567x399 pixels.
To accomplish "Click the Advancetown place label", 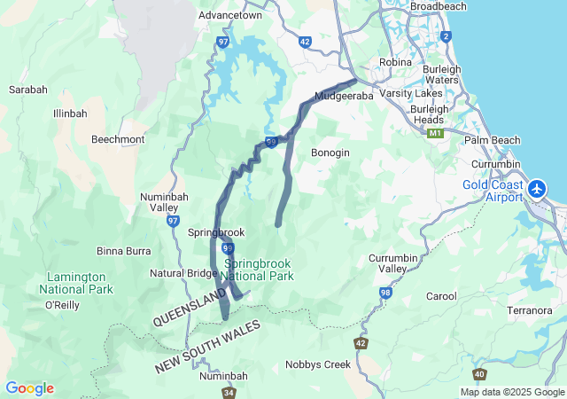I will (x=229, y=16).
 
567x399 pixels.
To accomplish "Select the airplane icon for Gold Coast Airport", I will (x=537, y=190).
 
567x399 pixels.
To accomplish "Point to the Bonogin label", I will (x=330, y=153).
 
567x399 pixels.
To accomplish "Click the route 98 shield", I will (x=385, y=292).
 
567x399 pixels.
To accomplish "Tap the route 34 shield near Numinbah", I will (x=229, y=392).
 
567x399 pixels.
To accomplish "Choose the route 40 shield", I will (x=479, y=374).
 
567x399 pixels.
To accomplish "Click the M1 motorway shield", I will (x=434, y=133).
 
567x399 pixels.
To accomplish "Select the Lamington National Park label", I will (x=76, y=283).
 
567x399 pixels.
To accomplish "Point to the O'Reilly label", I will (x=63, y=305).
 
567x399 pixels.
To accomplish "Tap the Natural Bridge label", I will (x=184, y=273).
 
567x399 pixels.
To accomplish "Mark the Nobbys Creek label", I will (x=318, y=364).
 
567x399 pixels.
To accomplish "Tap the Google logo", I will (x=29, y=388).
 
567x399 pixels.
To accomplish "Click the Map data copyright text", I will (x=511, y=392).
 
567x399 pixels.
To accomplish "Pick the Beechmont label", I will (x=118, y=139).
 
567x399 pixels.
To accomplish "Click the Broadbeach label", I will (x=438, y=6).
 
